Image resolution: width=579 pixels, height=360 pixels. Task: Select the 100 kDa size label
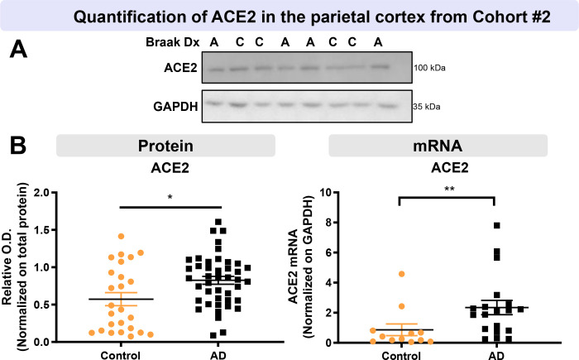[x=428, y=68]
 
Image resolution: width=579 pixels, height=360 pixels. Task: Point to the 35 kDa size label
[x=426, y=107]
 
